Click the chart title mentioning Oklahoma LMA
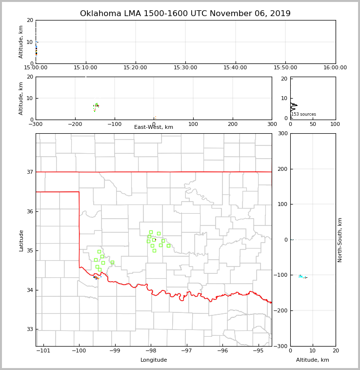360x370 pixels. [x=185, y=14]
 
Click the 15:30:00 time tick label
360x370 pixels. [x=185, y=68]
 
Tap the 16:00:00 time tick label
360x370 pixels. [x=335, y=68]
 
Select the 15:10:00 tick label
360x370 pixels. [x=85, y=68]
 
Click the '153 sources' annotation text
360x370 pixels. [x=303, y=115]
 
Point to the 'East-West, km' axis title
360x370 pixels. [x=154, y=127]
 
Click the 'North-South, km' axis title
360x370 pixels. [x=340, y=240]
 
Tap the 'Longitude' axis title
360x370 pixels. [x=154, y=360]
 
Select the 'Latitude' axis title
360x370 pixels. [x=21, y=240]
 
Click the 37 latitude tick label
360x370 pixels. [x=29, y=172]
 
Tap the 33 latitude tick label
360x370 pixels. [x=29, y=329]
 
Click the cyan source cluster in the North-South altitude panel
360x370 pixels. [x=302, y=277]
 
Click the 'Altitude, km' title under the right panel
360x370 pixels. [x=313, y=360]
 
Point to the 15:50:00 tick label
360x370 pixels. [x=285, y=68]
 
